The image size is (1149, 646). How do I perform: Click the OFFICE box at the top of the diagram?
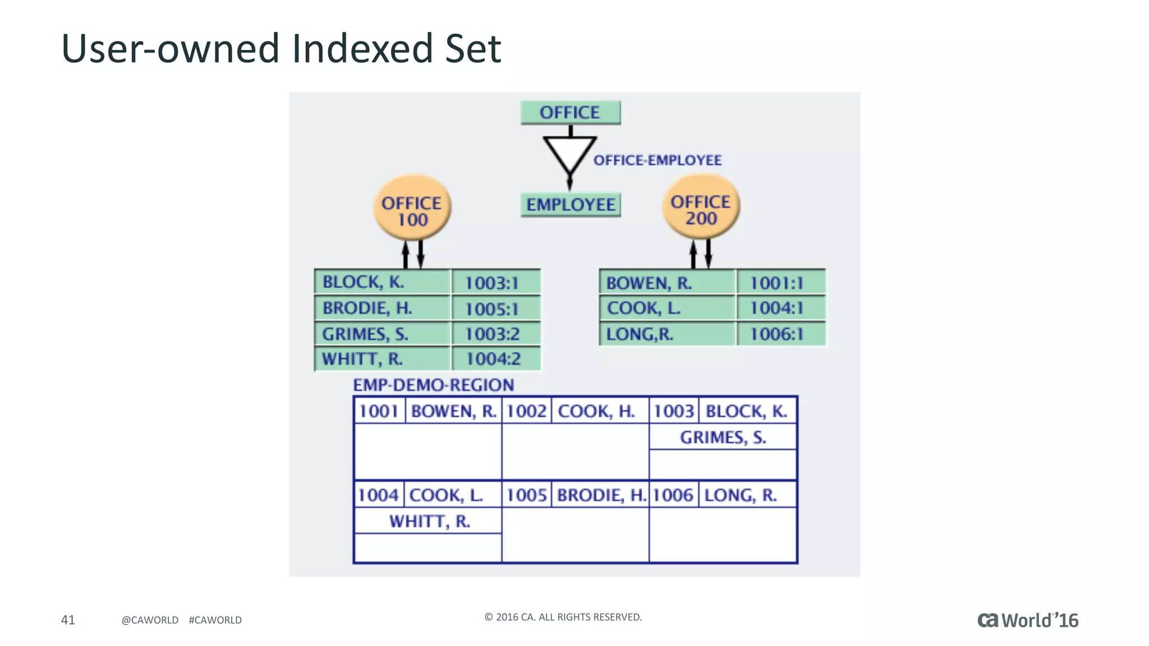(570, 113)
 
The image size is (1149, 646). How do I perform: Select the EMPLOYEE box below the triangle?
(570, 205)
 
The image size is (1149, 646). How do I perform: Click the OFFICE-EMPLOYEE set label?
(657, 160)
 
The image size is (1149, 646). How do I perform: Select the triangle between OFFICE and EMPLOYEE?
(569, 153)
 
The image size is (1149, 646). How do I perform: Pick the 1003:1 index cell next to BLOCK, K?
(492, 283)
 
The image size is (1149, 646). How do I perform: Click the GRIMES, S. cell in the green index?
(365, 334)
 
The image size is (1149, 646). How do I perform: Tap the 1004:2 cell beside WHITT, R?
(493, 359)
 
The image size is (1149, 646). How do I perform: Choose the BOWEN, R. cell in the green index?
(649, 283)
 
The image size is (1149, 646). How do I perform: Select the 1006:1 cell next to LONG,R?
(777, 334)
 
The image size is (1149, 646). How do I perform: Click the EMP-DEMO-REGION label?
(433, 385)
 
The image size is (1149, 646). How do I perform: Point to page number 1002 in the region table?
(526, 411)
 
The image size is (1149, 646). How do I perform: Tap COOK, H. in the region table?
(596, 411)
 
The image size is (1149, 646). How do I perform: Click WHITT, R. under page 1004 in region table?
(430, 522)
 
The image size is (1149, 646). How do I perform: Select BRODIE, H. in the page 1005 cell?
(601, 495)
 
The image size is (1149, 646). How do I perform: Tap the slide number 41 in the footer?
(68, 620)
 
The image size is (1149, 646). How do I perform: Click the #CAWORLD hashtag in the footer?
(215, 620)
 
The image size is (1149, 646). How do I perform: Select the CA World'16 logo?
(1028, 620)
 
